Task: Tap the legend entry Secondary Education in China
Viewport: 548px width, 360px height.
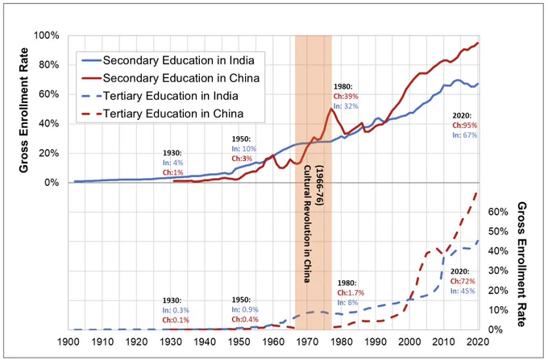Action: coord(171,78)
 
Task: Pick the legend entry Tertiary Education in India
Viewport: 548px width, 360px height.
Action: coord(160,96)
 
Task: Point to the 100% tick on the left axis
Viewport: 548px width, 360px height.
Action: coord(47,35)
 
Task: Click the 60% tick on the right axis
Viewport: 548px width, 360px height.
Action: coord(497,213)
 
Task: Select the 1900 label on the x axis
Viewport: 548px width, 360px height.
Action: coord(68,341)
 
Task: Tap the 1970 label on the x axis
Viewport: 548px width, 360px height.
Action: coord(307,341)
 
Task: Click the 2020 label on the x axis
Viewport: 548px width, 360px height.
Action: coord(478,341)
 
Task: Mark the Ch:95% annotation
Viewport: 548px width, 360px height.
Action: coord(464,126)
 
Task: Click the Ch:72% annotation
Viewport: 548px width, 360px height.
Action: coord(463,281)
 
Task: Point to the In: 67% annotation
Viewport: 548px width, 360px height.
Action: coord(464,134)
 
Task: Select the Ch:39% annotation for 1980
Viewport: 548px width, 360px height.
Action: coord(346,97)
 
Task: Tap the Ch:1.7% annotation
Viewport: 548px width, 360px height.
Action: coord(351,292)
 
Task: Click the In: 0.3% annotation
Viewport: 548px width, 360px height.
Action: coord(176,310)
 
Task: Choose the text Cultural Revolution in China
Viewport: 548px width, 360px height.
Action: coord(307,224)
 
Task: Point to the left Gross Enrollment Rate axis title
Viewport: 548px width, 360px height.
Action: coord(23,110)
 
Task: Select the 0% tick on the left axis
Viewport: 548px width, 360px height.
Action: coord(50,183)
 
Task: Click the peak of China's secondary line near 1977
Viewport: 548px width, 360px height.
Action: coord(330,108)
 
